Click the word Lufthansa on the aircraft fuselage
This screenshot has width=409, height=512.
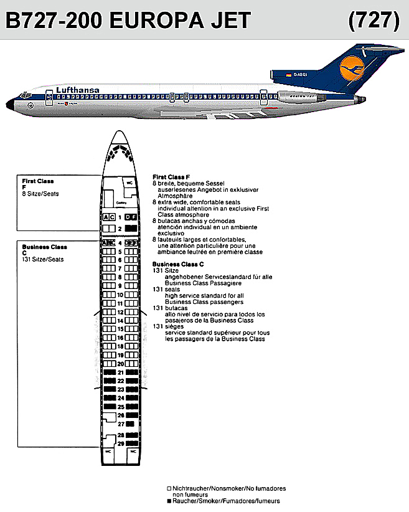[x=78, y=90]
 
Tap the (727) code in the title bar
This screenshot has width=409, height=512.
[x=374, y=21]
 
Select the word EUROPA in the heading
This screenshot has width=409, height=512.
[x=149, y=21]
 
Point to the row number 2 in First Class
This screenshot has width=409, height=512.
[x=120, y=229]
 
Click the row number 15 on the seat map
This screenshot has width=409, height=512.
[x=120, y=329]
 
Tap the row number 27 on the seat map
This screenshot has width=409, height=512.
[x=120, y=424]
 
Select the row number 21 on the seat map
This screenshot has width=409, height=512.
[x=120, y=372]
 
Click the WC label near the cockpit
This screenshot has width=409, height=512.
[x=129, y=183]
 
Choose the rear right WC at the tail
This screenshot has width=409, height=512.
[x=132, y=452]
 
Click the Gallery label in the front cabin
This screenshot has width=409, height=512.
[x=121, y=201]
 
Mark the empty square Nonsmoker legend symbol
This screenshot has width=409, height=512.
[x=169, y=489]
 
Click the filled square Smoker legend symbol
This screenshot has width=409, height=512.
[x=169, y=501]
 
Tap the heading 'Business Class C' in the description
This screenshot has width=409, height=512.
[x=174, y=264]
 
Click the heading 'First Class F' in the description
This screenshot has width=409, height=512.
[x=169, y=177]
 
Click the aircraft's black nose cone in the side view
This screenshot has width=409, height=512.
[x=11, y=103]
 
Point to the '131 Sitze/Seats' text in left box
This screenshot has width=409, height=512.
[x=42, y=259]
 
